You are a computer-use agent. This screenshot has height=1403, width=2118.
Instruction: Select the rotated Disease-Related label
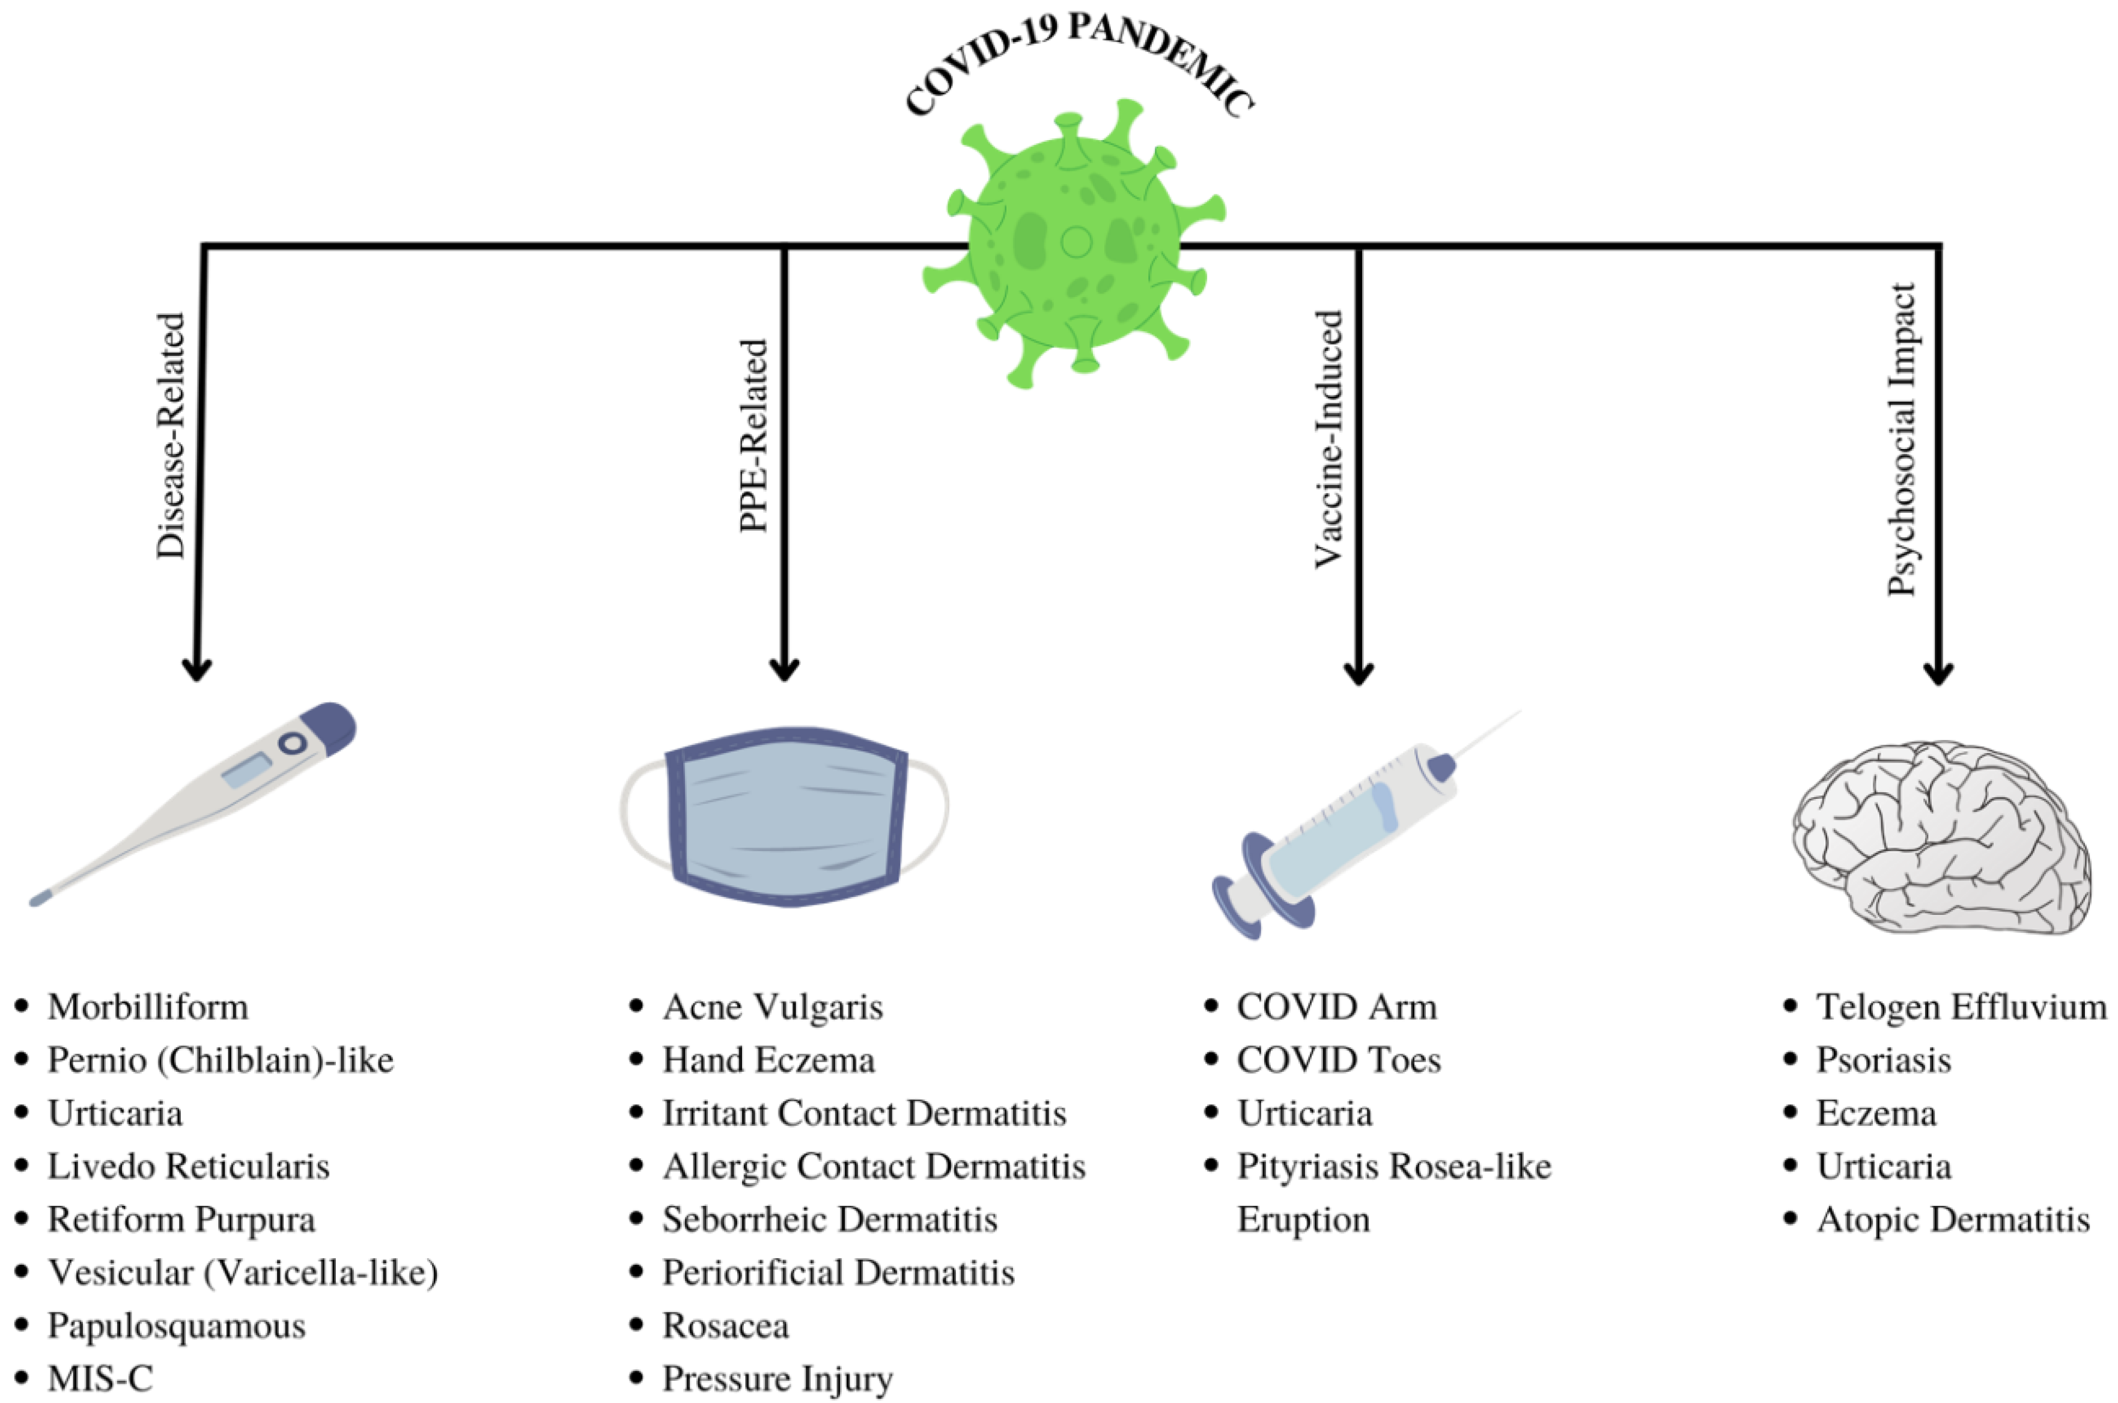pos(171,436)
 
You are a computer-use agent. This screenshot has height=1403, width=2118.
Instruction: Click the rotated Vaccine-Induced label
pos(1329,438)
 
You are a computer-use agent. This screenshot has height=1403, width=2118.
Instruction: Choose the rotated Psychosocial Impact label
pos(1903,438)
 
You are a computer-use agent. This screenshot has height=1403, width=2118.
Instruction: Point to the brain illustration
pos(1941,837)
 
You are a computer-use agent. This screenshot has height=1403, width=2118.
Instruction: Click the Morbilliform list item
pos(148,1007)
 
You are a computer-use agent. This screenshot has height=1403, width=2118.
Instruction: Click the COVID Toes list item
pos(1338,1060)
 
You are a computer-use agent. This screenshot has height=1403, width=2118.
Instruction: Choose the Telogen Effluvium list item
pos(1961,1007)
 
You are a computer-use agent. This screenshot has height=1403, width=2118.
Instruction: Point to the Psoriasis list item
pos(1882,1060)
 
